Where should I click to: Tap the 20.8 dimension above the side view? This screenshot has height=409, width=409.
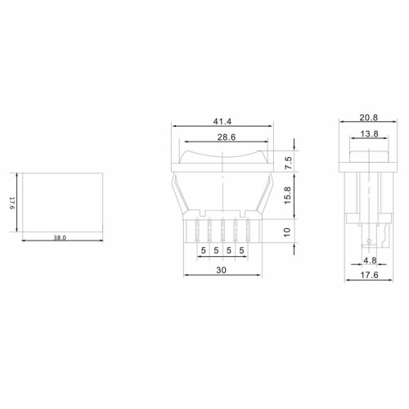coord(370,119)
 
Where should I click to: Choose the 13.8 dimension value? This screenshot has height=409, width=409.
coord(370,133)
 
